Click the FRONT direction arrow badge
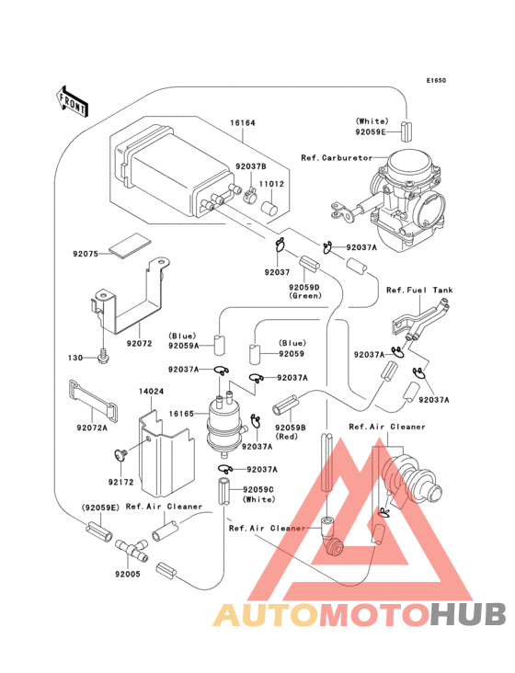pos(73,100)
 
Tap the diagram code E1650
pos(435,80)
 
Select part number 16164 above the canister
pos(217,122)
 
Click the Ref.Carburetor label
pos(333,157)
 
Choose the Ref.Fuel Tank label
pos(419,291)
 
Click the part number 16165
pos(181,415)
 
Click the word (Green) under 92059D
pos(304,296)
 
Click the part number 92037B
pos(250,166)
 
